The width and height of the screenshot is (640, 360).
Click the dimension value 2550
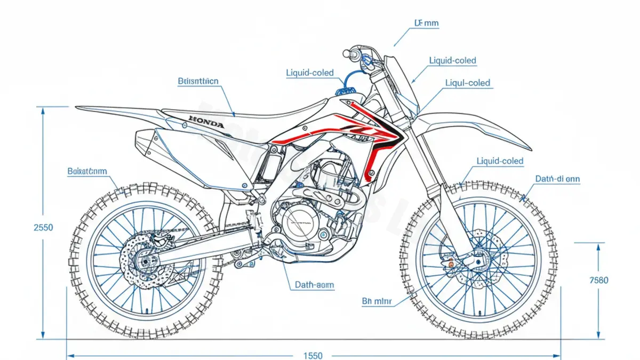[x=43, y=227]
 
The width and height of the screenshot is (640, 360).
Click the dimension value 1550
[x=314, y=355]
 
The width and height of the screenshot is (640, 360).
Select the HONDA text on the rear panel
[x=207, y=123]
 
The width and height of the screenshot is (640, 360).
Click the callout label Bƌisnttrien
[x=197, y=81]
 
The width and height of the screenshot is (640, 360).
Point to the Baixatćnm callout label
[x=87, y=171]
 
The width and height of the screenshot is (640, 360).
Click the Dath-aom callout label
[x=314, y=285]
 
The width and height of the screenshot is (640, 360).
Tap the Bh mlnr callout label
[x=377, y=301]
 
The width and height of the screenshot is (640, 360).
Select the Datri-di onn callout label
[x=557, y=179]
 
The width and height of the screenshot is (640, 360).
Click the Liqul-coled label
[x=467, y=83]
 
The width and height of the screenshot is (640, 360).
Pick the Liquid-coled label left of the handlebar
[x=310, y=73]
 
